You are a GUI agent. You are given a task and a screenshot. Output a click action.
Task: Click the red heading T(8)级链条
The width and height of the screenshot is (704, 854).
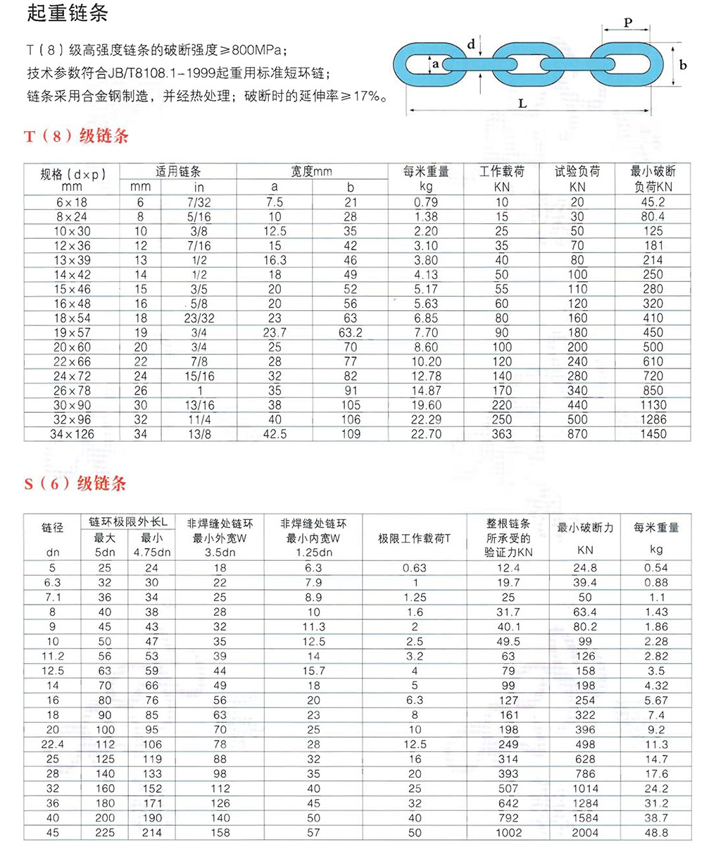tap(77, 136)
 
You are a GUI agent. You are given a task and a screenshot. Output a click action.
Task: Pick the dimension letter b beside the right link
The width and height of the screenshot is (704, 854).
tap(683, 64)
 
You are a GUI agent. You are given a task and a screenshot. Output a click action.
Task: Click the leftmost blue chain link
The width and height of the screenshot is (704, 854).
tap(422, 65)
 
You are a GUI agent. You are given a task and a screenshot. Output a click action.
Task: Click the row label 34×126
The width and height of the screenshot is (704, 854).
tap(72, 434)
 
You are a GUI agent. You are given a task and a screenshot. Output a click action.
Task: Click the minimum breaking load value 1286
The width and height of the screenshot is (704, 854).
tap(653, 419)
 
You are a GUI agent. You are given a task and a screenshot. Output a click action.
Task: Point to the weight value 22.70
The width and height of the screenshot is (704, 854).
tap(426, 434)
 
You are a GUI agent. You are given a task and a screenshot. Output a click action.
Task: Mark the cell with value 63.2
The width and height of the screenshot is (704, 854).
tap(351, 333)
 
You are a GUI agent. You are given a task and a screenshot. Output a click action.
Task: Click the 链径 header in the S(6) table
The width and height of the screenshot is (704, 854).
tap(53, 527)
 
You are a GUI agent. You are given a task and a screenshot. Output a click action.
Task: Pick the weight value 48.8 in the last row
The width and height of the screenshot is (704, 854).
tap(655, 833)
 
